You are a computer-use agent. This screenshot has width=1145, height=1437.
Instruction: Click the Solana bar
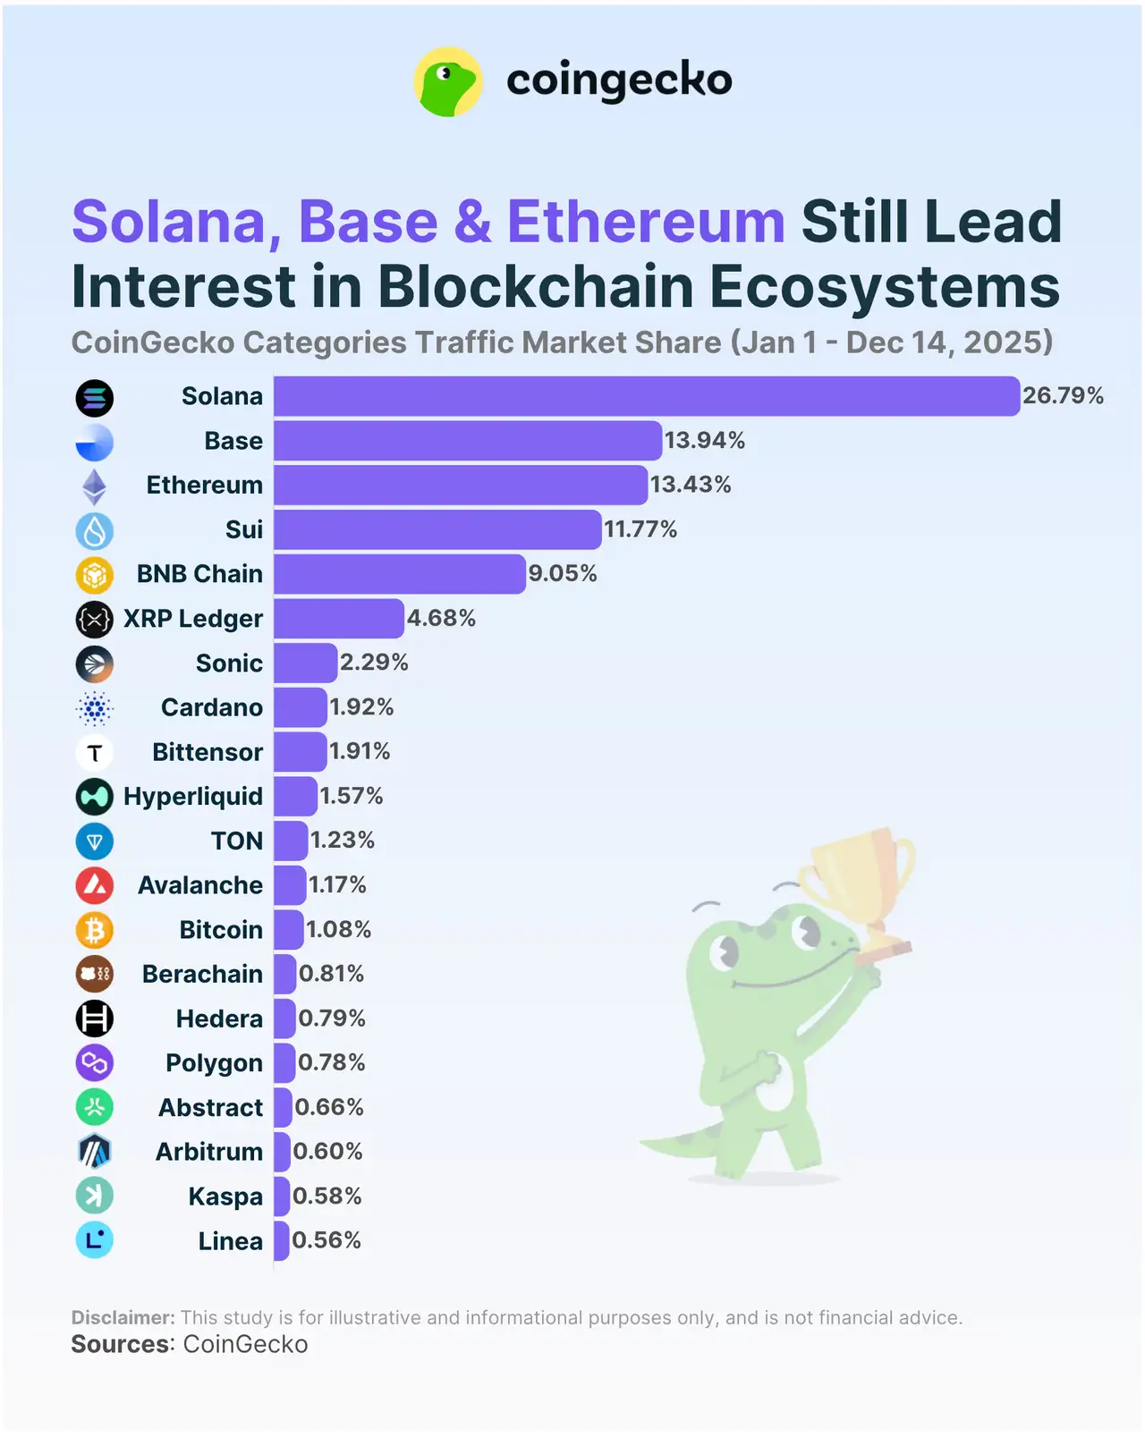pyautogui.click(x=646, y=396)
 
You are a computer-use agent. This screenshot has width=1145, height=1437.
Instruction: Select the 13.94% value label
pyautogui.click(x=704, y=440)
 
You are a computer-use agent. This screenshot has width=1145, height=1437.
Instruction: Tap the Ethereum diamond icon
pyautogui.click(x=94, y=486)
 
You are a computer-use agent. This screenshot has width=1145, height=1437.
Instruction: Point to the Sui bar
pyautogui.click(x=437, y=529)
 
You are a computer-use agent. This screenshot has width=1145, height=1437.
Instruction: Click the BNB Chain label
pyautogui.click(x=199, y=574)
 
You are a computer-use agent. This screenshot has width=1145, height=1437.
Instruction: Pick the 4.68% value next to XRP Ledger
pyautogui.click(x=441, y=618)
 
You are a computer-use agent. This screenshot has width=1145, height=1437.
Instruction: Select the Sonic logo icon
pyautogui.click(x=94, y=664)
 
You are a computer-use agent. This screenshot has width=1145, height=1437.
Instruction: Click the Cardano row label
pyautogui.click(x=212, y=707)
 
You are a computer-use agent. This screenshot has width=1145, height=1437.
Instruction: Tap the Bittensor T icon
pyautogui.click(x=94, y=753)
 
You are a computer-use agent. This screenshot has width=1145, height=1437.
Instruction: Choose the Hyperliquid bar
pyautogui.click(x=295, y=796)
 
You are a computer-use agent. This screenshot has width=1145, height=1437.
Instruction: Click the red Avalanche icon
pyautogui.click(x=94, y=885)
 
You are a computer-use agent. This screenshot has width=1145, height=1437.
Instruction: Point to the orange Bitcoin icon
pyautogui.click(x=94, y=930)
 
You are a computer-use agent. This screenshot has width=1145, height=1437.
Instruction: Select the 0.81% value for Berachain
pyautogui.click(x=331, y=973)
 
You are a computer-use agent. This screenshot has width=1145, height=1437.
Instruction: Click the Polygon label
pyautogui.click(x=214, y=1062)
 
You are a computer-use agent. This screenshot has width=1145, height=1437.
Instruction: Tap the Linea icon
pyautogui.click(x=94, y=1240)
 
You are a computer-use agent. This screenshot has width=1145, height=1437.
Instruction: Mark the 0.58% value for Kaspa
pyautogui.click(x=327, y=1196)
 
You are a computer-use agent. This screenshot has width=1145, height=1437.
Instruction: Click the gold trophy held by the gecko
pyautogui.click(x=859, y=881)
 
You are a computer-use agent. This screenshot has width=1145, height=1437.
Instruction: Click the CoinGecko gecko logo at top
pyautogui.click(x=448, y=81)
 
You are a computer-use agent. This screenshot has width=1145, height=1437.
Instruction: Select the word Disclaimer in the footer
pyautogui.click(x=123, y=1317)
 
